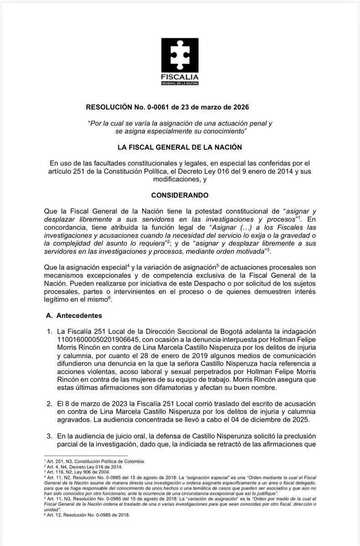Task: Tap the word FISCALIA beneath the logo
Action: coord(180,78)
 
